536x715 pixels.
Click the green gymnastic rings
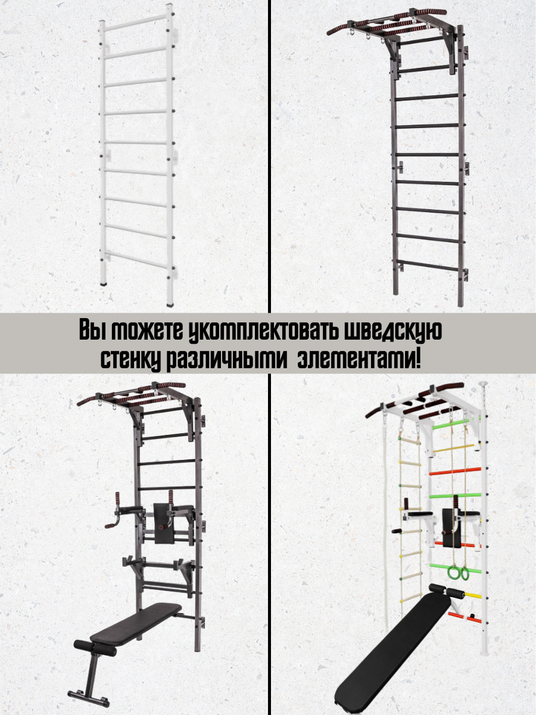(457, 573)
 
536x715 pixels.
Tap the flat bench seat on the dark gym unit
(135, 623)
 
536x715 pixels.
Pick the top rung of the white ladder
(136, 23)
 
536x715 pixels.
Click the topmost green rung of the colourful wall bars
(451, 424)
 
